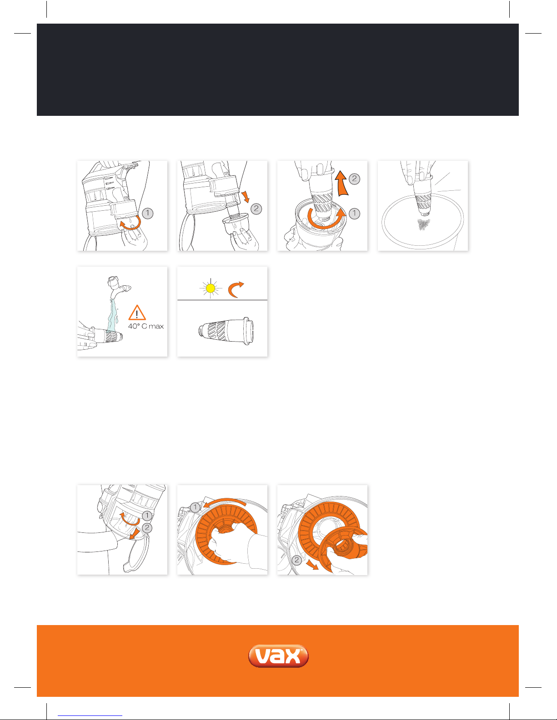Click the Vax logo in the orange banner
click(x=278, y=655)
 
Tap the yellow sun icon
click(x=210, y=288)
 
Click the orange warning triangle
click(x=137, y=313)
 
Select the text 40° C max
click(x=146, y=326)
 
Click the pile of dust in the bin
click(x=423, y=224)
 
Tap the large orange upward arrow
click(x=341, y=183)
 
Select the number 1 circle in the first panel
click(x=147, y=214)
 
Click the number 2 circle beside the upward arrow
click(x=354, y=179)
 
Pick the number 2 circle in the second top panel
click(x=256, y=209)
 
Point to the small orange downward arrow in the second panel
click(x=246, y=197)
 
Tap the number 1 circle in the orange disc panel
click(x=195, y=507)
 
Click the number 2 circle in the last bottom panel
click(x=296, y=560)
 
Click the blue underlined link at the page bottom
click(x=90, y=716)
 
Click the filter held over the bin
click(x=422, y=195)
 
